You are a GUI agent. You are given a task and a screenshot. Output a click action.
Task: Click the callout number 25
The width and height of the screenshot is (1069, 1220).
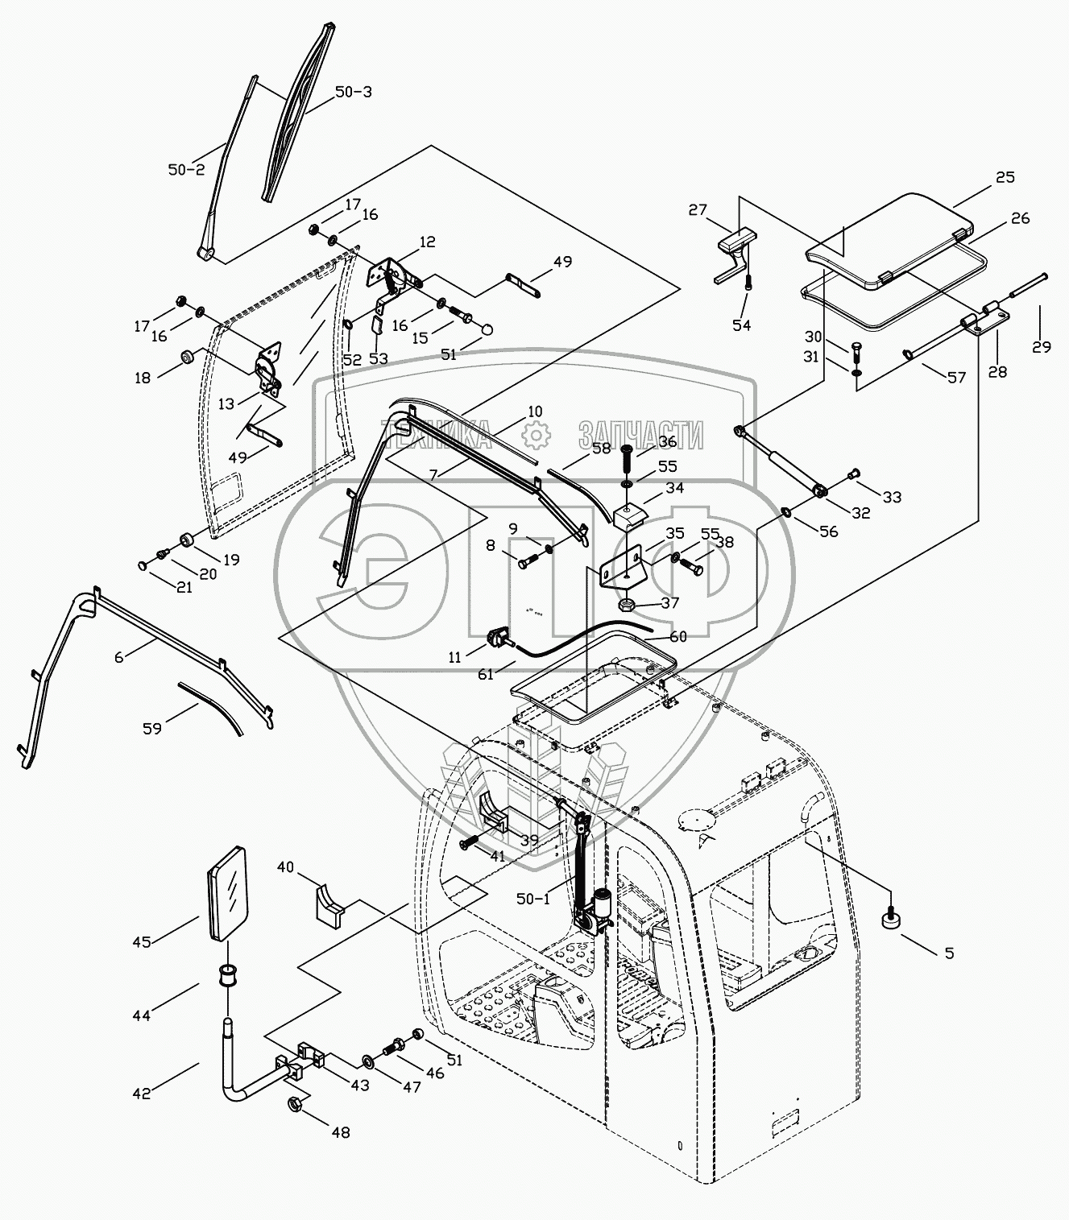coord(1005,178)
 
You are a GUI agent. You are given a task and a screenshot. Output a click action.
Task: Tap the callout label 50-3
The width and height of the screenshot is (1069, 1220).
coord(353,92)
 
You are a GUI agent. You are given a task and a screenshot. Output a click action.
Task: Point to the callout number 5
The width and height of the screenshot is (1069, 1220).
coord(949,953)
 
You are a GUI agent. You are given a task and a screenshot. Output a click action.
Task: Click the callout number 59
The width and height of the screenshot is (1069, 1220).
coord(152,728)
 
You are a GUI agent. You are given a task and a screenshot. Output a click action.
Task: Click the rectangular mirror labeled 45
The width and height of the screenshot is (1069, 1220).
coord(226,893)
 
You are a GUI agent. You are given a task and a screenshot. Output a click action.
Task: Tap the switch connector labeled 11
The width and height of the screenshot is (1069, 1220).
coord(499,637)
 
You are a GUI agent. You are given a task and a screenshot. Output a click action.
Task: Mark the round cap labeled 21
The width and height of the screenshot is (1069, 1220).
coord(143,565)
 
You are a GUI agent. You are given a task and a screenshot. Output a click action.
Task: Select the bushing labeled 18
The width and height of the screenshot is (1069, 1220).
coord(188,358)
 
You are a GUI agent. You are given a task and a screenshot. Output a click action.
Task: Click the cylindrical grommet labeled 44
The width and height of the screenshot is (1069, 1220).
coord(226,978)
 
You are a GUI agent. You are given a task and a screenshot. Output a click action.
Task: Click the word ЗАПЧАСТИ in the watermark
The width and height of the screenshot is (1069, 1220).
coord(640,434)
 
